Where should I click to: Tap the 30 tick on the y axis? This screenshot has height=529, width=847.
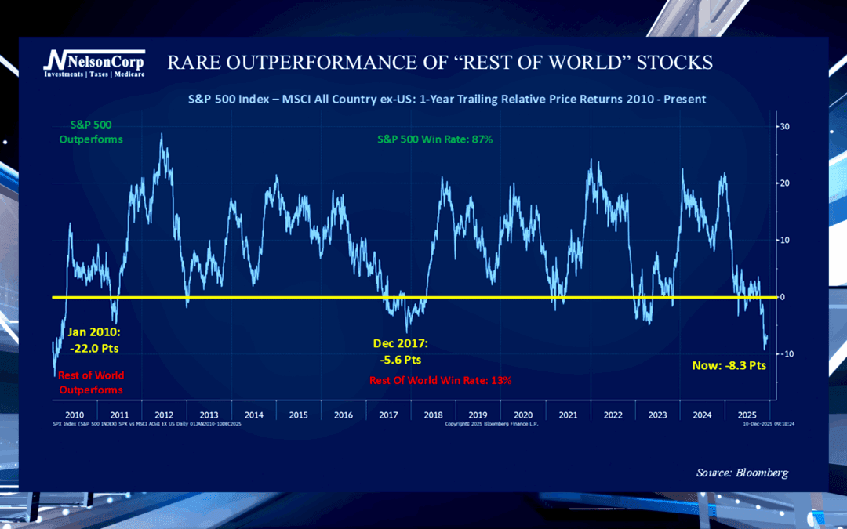pos(783,126)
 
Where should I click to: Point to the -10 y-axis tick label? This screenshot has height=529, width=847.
pos(785,354)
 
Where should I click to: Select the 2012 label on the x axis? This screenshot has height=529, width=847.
pos(164,415)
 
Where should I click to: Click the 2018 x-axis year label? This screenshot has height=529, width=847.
pos(433,415)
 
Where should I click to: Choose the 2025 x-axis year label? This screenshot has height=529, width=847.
pos(746,415)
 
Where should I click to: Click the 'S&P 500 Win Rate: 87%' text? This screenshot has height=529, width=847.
pos(434,139)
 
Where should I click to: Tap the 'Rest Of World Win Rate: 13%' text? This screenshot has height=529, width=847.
pos(441,380)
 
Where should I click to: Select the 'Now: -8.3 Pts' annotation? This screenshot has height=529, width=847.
pos(728,365)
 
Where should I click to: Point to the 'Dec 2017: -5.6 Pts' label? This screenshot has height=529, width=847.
pos(400,352)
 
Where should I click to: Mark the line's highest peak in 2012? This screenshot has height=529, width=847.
pos(162,135)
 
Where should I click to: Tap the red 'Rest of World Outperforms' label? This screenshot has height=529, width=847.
pos(91,382)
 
